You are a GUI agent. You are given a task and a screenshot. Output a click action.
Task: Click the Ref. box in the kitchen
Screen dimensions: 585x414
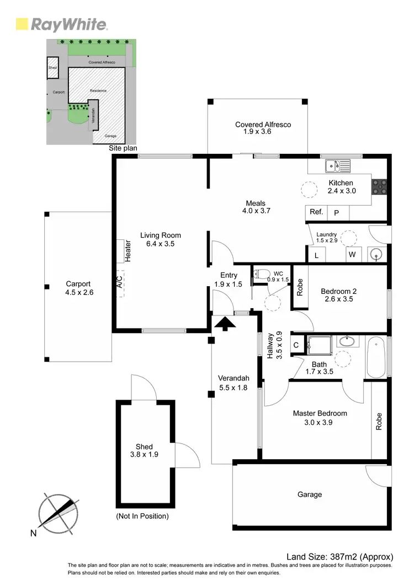tap(316, 212)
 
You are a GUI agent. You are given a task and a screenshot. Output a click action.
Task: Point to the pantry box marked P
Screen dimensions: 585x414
tap(337, 212)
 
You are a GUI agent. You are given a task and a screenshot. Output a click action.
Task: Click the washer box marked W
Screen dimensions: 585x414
tap(352, 255)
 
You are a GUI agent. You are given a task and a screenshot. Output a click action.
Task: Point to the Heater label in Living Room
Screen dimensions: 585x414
tap(127, 251)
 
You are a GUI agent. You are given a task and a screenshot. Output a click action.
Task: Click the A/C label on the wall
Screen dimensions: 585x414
tap(119, 282)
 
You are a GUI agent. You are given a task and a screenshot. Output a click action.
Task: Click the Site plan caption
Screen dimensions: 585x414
tap(123, 148)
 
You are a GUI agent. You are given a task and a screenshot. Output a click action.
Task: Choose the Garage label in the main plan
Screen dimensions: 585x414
tap(310, 495)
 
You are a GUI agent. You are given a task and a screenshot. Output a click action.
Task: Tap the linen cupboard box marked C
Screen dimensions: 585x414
tap(296, 345)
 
